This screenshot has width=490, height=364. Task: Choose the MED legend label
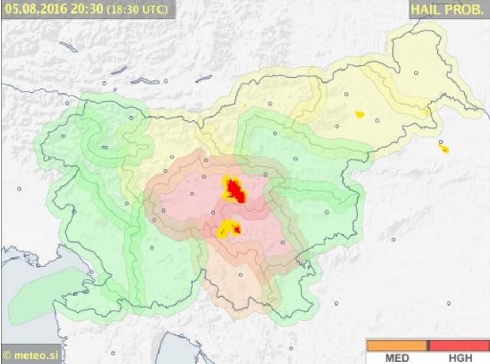click(x=397, y=358)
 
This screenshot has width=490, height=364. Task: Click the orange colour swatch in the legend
click(x=397, y=346)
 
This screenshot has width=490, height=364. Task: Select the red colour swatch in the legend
click(x=459, y=346)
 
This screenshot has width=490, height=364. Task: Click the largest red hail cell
click(x=237, y=191)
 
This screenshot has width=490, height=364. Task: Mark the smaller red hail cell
click(x=237, y=229)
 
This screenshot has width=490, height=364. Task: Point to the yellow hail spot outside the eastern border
click(x=445, y=150)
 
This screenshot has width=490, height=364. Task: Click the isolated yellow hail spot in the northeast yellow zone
click(x=360, y=114)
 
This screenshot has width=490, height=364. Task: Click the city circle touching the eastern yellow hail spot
click(x=440, y=142)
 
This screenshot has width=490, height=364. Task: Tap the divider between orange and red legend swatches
click(x=428, y=346)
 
